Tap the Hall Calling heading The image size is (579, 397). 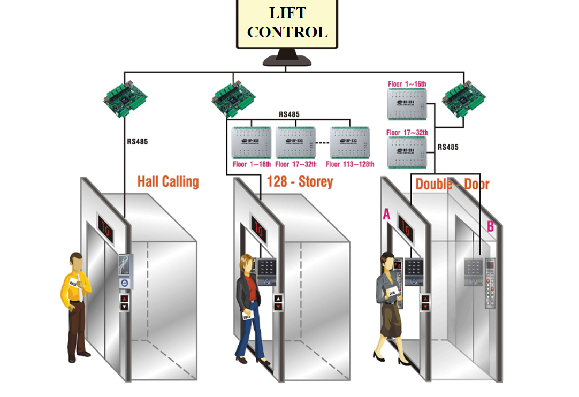167,181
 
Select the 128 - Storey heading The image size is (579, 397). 300,182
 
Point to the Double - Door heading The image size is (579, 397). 452,185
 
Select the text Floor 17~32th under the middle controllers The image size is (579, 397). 296,164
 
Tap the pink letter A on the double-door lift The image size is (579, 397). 386,215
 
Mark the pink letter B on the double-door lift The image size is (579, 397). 490,227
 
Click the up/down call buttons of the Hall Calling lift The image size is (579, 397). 124,302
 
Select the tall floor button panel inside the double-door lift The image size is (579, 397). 490,284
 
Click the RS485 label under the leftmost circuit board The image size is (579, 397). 137,142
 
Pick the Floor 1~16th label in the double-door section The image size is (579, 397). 407,84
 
